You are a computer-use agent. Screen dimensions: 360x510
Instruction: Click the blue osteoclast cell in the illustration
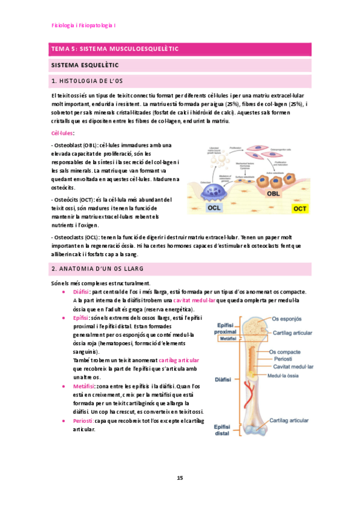(215, 190)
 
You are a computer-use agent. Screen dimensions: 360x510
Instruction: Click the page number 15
(180, 478)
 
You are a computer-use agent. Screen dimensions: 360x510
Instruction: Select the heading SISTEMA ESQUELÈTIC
(85, 64)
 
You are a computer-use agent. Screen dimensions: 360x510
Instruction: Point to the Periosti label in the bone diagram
(283, 359)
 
